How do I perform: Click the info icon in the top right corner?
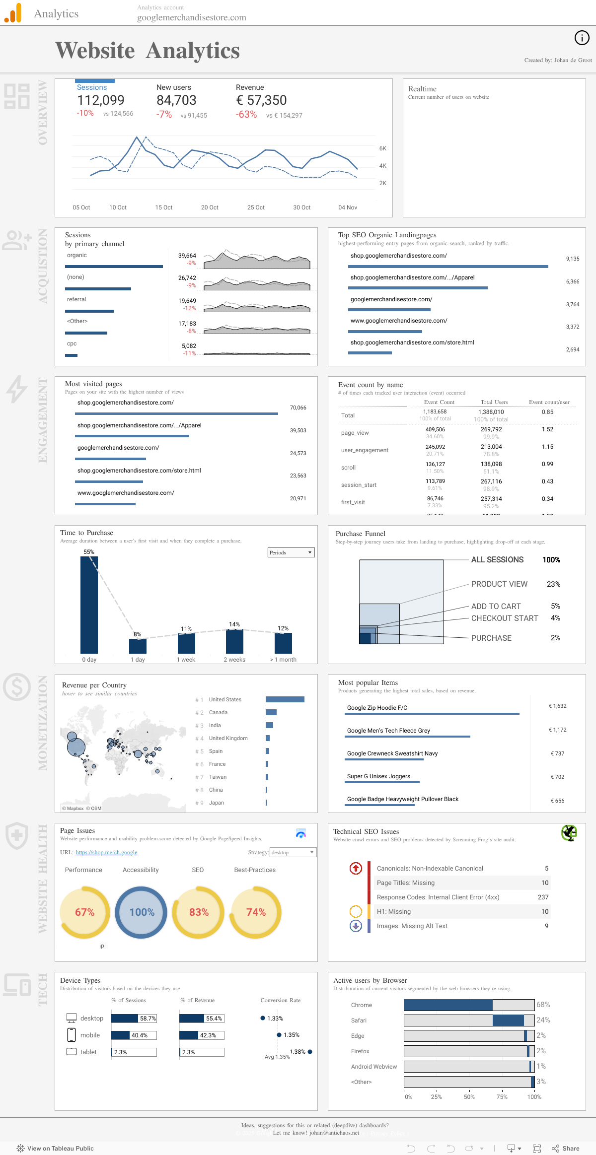582,38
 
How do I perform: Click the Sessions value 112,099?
101,101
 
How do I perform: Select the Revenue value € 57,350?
261,101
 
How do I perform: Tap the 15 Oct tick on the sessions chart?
164,207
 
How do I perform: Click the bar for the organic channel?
114,267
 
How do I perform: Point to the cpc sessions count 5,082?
189,346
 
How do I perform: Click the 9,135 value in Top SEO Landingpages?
572,259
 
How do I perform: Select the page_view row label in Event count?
355,433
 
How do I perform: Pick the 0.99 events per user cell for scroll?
547,464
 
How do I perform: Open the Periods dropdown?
291,552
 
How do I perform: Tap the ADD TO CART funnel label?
496,606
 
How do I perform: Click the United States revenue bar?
285,699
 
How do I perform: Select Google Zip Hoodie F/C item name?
377,708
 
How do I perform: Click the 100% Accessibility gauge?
142,912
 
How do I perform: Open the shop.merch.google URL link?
106,852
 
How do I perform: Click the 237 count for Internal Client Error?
543,897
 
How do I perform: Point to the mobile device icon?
72,1035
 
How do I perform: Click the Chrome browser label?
362,1005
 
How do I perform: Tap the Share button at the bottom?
566,1149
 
